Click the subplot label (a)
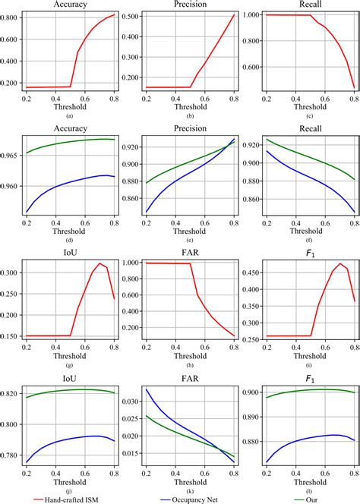click(x=70, y=115)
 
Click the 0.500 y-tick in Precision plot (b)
click(x=131, y=16)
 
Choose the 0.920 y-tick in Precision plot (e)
click(x=131, y=145)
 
